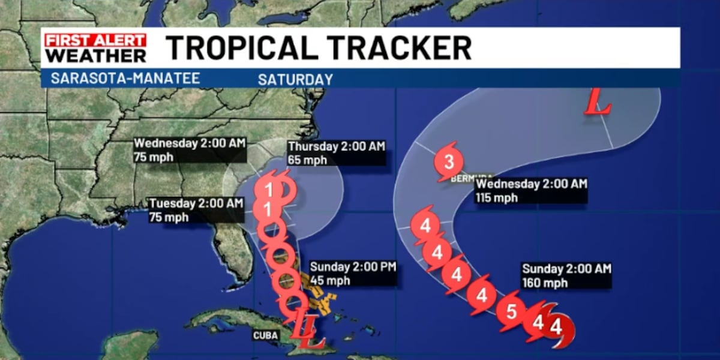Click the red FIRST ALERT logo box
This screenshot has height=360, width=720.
coord(95,41)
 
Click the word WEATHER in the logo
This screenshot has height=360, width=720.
coord(95,55)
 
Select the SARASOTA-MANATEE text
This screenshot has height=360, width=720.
coord(125,79)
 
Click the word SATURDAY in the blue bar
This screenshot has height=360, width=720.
coord(295,79)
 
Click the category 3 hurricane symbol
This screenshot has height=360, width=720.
coord(449,161)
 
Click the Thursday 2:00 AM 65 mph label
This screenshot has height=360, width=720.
coord(336,153)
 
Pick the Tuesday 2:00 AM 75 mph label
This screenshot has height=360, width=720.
coord(196,210)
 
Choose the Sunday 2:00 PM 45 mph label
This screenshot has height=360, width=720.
coord(353,273)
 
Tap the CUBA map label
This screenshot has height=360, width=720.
coord(265,335)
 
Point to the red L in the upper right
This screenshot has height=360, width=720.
coord(598,102)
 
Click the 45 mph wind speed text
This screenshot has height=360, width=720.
coord(330,280)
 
